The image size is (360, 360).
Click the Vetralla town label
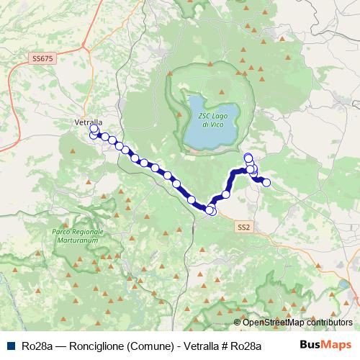coord(89,122)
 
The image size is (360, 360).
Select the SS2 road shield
coord(243,227)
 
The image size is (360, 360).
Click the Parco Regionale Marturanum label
coord(78,235)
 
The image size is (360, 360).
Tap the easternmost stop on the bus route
coord(266,183)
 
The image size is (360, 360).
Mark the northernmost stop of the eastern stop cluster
coord(248,157)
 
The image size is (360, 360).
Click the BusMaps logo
coord(323,344)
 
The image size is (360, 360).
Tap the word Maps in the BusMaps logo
coord(335,344)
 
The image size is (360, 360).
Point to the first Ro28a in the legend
coord(37,345)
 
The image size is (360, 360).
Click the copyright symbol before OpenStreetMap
coord(237,323)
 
